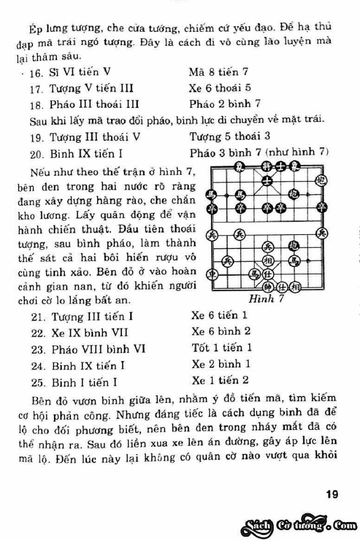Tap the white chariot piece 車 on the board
point(211,274)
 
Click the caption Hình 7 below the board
point(262,299)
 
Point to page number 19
point(332,495)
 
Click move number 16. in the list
point(36,73)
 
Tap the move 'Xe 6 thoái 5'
point(220,88)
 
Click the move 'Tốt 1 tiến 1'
point(222,348)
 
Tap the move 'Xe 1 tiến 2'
point(220,381)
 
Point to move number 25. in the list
point(39,383)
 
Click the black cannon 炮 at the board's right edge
point(322,179)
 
